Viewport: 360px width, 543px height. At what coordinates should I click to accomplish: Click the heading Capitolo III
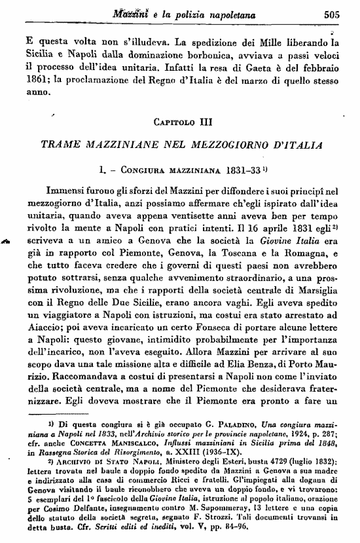coord(180,121)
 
